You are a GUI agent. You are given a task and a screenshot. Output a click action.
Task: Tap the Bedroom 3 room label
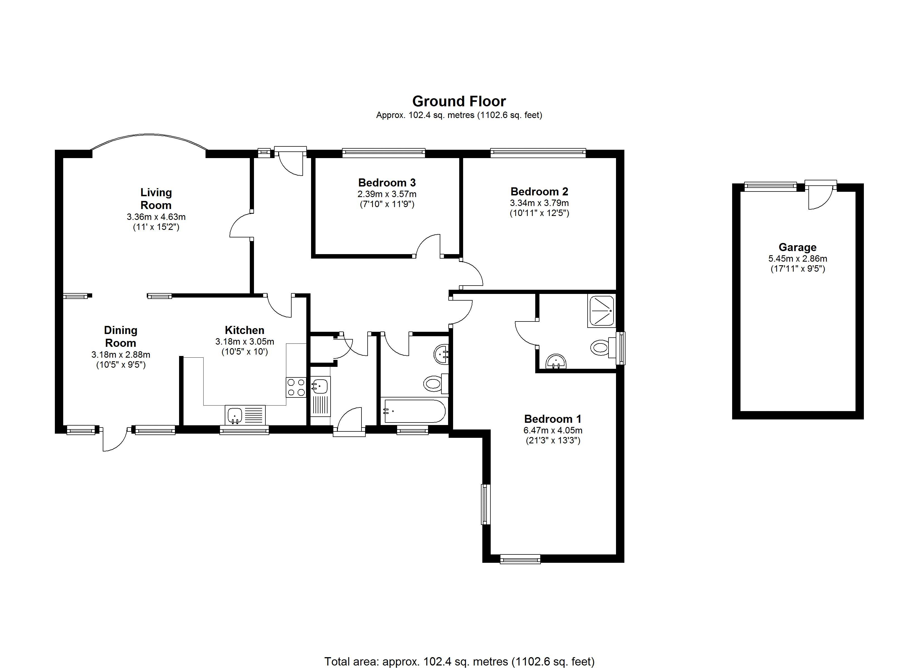[x=387, y=183]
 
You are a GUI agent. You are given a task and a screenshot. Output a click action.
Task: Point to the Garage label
[x=797, y=247]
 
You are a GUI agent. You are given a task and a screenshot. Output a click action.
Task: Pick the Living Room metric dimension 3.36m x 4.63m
[x=156, y=217]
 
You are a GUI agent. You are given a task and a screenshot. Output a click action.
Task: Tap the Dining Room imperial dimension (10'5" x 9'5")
[x=121, y=365]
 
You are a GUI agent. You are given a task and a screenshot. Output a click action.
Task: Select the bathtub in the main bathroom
[x=414, y=411]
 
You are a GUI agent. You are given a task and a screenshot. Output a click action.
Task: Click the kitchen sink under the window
[x=245, y=415]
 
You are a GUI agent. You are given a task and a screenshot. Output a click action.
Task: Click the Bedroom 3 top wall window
[x=384, y=153]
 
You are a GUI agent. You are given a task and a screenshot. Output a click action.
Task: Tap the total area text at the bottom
[x=459, y=662]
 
